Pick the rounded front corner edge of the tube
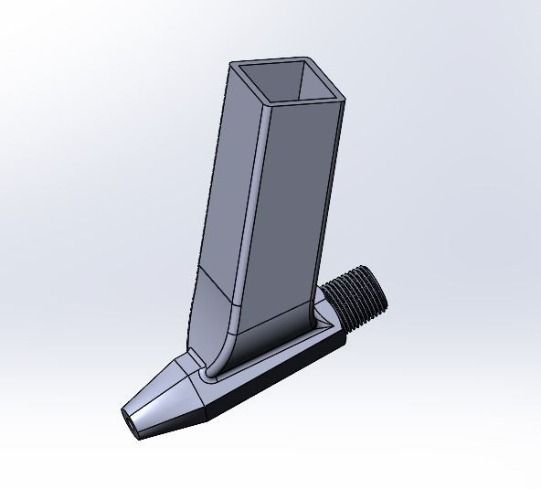point(254,201)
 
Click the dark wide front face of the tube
point(297,201)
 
